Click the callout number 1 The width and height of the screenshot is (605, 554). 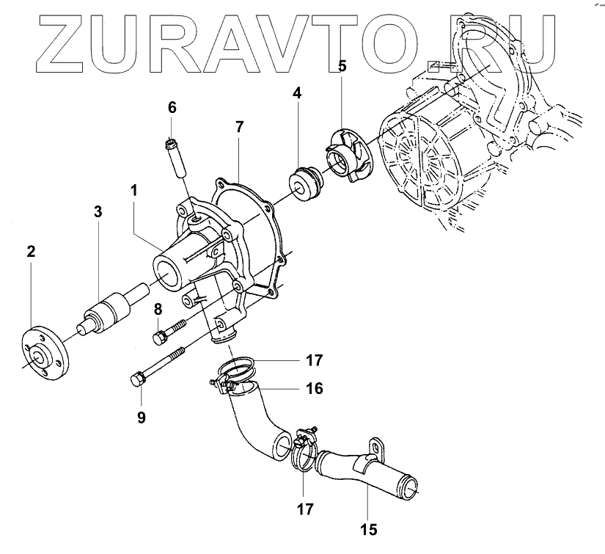(x=134, y=190)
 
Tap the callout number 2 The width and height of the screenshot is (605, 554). (x=31, y=252)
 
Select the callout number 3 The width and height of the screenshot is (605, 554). (x=98, y=212)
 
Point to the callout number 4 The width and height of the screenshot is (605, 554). (x=297, y=93)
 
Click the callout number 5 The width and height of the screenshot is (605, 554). (x=342, y=66)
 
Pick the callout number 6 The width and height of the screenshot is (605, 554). (x=172, y=107)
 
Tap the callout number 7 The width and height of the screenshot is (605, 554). (x=239, y=128)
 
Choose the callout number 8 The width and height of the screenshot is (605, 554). (x=158, y=310)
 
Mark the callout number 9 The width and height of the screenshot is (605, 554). (x=141, y=418)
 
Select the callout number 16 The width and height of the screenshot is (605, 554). (x=315, y=387)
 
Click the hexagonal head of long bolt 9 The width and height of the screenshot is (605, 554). (x=135, y=381)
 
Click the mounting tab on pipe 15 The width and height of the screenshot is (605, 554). (x=375, y=447)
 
